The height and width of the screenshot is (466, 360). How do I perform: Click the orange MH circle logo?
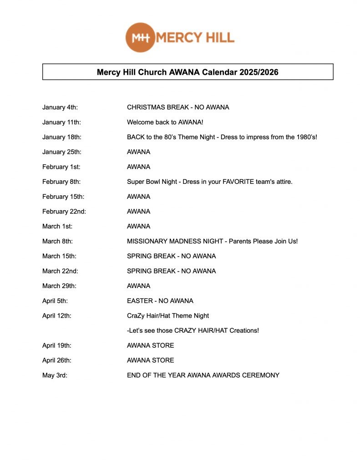tap(140, 37)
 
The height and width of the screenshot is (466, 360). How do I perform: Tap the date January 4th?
tap(60, 107)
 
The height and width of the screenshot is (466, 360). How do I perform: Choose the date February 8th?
tap(61, 182)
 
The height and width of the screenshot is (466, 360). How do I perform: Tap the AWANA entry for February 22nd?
tap(138, 212)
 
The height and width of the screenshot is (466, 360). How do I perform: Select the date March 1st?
tap(57, 226)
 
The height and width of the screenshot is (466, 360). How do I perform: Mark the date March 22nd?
tap(60, 271)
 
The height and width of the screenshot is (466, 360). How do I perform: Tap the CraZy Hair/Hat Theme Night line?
tap(168, 315)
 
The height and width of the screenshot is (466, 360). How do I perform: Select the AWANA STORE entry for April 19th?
tap(150, 345)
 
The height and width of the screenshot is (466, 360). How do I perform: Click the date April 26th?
tap(57, 360)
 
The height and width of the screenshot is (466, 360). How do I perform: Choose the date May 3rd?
tap(55, 375)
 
